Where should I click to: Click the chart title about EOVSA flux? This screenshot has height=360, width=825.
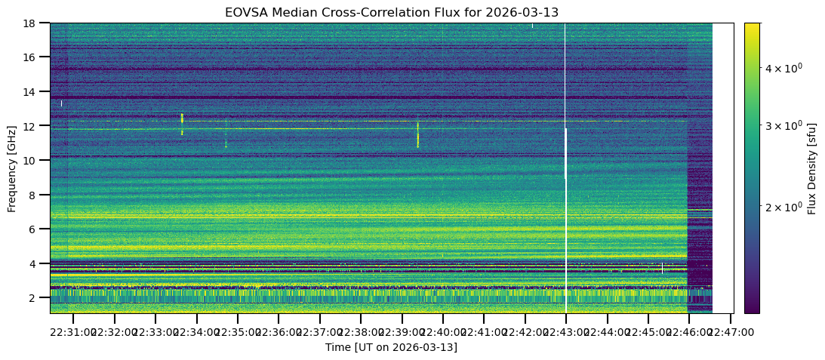[391, 12]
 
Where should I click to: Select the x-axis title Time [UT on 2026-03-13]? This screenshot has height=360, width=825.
[391, 347]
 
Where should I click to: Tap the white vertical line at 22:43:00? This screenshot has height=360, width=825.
[565, 189]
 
